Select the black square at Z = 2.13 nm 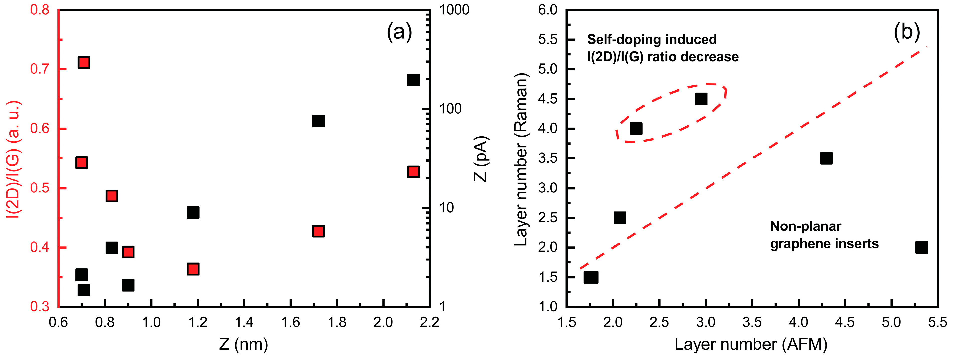pos(413,80)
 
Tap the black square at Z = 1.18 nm pos(193,212)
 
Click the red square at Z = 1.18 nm pos(193,269)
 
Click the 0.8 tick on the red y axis pos(40,10)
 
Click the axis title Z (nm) pos(244,344)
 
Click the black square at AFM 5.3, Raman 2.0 pos(921,247)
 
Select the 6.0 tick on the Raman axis pos(548,10)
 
